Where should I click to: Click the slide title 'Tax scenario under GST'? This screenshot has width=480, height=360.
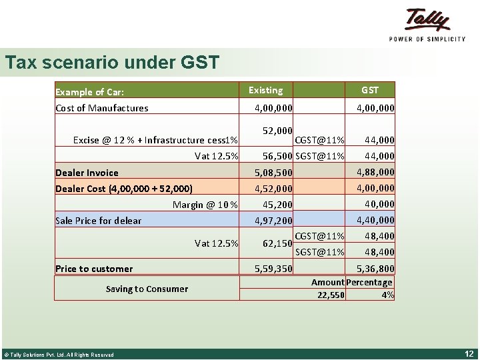click(x=112, y=63)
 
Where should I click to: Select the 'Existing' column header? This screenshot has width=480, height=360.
click(x=265, y=90)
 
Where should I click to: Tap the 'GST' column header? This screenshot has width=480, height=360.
click(x=369, y=90)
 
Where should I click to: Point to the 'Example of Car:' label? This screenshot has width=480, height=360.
click(x=89, y=92)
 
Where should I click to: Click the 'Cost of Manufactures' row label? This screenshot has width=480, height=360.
click(x=102, y=108)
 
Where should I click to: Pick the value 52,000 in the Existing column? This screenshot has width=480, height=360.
click(x=277, y=131)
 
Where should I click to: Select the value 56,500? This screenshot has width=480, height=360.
click(x=277, y=156)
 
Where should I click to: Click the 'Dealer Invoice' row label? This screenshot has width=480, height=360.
click(x=87, y=173)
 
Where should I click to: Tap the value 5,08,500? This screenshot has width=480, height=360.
click(x=273, y=173)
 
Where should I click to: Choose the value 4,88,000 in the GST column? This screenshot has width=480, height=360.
click(x=375, y=172)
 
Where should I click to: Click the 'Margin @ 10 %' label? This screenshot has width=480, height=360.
click(x=205, y=205)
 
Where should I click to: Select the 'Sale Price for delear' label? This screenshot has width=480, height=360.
click(x=98, y=221)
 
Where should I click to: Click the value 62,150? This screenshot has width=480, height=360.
click(x=277, y=244)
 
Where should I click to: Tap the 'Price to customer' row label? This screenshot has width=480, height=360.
click(x=94, y=269)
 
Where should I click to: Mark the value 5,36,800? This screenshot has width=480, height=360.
click(x=375, y=269)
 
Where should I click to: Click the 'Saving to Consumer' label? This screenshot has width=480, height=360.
click(x=147, y=289)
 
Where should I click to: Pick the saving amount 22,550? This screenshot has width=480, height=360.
click(x=331, y=295)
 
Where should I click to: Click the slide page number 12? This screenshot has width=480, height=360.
click(x=469, y=353)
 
